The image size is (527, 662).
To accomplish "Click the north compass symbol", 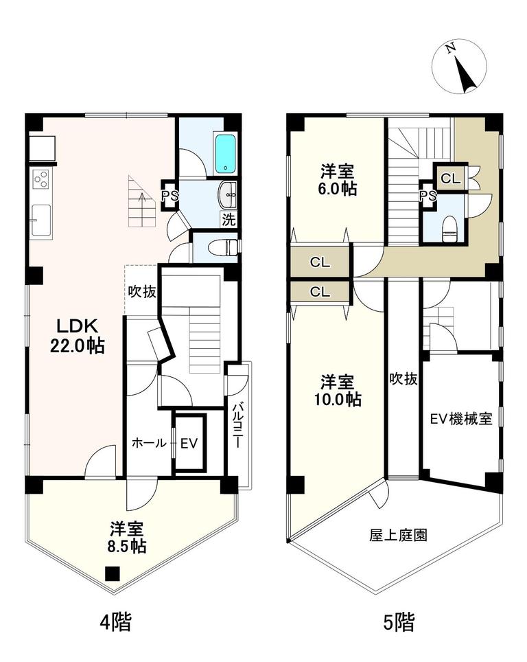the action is coord(459,66).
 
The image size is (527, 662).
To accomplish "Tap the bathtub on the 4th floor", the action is coord(226,153).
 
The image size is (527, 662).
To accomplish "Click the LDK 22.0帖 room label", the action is coord(78,336).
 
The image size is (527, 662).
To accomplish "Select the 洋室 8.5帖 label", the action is coord(127,537).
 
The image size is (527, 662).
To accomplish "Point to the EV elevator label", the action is coord(189,444).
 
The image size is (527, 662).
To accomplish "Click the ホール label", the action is coord(149,443).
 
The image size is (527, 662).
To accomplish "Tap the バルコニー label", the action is coord(237,426).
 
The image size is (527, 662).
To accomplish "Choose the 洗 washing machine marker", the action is coord(229,220).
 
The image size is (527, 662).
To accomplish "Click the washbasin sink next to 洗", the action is coord(228,195).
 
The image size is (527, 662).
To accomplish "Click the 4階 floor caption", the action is coord(115,621).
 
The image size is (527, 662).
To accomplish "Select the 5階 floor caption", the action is coord(399,621).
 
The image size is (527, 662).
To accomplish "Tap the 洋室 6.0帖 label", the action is coord(338,181).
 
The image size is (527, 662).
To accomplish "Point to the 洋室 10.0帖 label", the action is coord(338,391).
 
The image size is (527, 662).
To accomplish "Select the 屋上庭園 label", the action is coord(398,536).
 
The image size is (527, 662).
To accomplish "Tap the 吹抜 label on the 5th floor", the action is coord(403,379).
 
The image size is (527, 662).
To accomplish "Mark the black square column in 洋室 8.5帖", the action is coord(112,573).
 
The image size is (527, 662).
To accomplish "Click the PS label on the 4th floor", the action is coord(170,196).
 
